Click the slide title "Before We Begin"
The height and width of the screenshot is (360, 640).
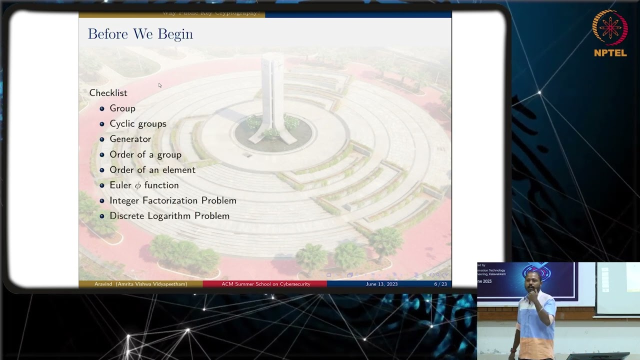click(140, 34)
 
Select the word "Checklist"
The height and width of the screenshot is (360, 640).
click(108, 93)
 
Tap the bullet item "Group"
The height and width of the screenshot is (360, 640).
click(122, 108)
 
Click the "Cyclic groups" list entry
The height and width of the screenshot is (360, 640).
click(138, 123)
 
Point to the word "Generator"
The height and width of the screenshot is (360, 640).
click(130, 139)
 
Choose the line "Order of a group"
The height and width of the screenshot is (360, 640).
click(145, 154)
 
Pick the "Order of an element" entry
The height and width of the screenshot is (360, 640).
click(152, 170)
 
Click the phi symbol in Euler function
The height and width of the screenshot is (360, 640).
click(137, 185)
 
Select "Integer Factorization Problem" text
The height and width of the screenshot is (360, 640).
click(173, 200)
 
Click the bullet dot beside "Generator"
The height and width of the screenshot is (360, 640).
click(102, 139)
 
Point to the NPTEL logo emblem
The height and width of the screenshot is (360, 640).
click(610, 28)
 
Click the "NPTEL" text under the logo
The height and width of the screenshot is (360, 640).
click(610, 53)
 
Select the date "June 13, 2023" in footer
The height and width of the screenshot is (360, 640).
click(381, 284)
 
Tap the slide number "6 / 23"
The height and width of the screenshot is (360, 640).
click(440, 284)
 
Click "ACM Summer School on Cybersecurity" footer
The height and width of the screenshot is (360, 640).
click(265, 284)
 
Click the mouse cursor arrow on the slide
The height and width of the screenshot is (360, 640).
click(160, 85)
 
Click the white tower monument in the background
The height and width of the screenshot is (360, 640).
click(272, 95)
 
